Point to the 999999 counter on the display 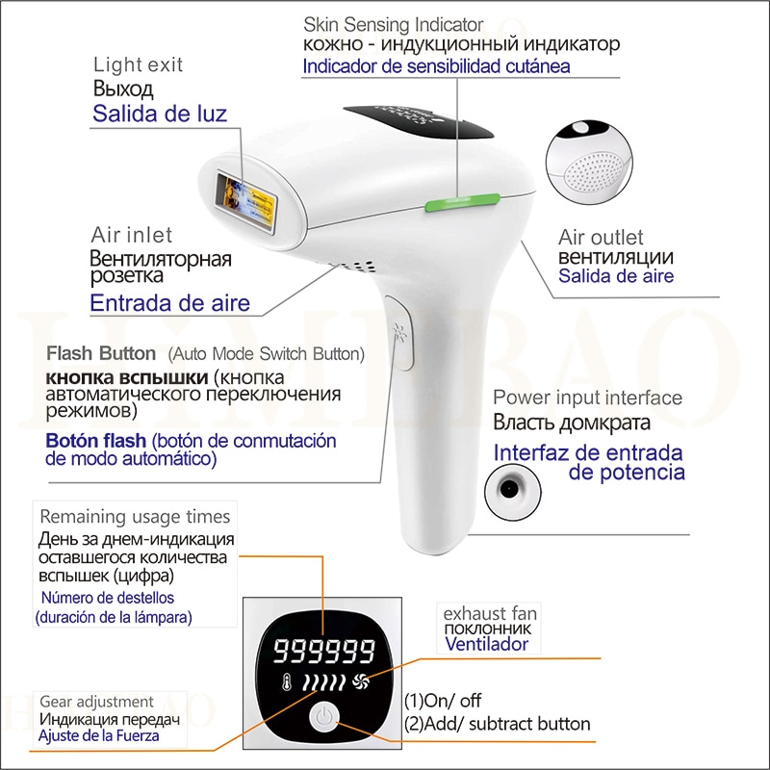pyautogui.click(x=323, y=653)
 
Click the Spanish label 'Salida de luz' pyautogui.click(x=160, y=114)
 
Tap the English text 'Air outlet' pyautogui.click(x=602, y=237)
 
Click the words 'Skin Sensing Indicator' pyautogui.click(x=394, y=24)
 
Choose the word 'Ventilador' pyautogui.click(x=486, y=644)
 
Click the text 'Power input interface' pyautogui.click(x=588, y=398)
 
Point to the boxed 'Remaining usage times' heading pyautogui.click(x=135, y=517)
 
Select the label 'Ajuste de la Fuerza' pyautogui.click(x=100, y=736)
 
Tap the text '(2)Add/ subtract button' pyautogui.click(x=497, y=723)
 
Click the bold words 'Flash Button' pyautogui.click(x=103, y=353)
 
